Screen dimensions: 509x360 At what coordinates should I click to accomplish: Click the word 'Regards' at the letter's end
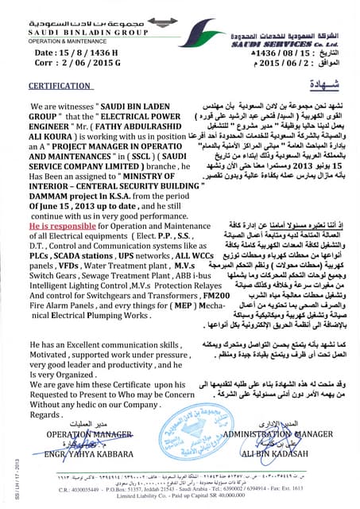[x=46, y=414]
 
